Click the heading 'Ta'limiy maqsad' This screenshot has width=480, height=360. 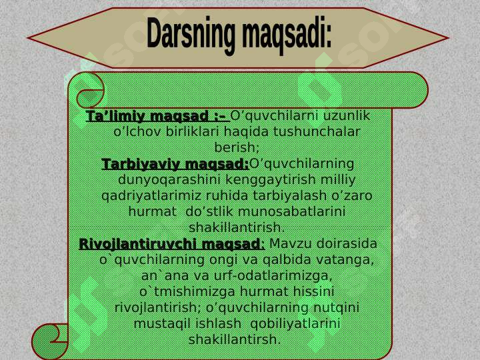tap(156, 117)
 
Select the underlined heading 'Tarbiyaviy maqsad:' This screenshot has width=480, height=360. tap(175, 164)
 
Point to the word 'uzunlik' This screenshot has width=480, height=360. tap(347, 117)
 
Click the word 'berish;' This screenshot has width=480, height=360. tap(237, 147)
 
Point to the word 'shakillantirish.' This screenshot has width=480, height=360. tap(237, 227)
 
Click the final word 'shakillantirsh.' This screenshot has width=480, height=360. tap(235, 339)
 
